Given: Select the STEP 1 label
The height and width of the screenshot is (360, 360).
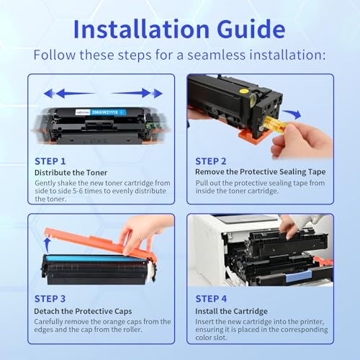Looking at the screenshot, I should (x=51, y=161).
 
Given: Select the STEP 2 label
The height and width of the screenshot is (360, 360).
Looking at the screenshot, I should (x=210, y=161).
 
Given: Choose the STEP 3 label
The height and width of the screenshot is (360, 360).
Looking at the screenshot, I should (x=51, y=297).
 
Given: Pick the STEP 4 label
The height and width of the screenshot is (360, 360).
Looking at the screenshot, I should (x=210, y=297).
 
